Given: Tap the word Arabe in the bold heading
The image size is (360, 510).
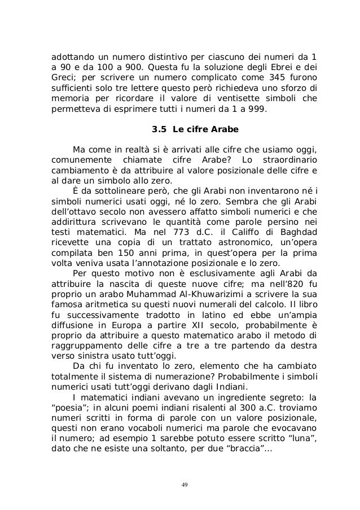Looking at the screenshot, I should (225, 129).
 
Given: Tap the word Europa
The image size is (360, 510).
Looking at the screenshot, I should (142, 325).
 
